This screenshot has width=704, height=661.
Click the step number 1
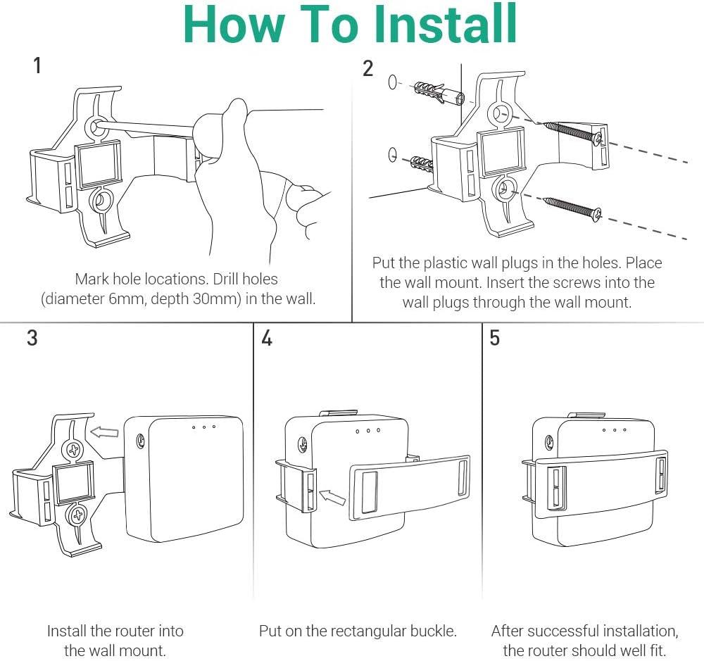[37, 65]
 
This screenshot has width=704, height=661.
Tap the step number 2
[367, 69]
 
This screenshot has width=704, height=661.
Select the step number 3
[32, 338]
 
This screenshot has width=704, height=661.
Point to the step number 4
[267, 338]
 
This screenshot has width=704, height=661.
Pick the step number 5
[494, 338]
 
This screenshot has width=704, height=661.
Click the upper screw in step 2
[573, 133]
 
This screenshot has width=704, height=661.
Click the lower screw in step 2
[572, 209]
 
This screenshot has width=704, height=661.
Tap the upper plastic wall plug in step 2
[439, 92]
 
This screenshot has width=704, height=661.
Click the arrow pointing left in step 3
[105, 432]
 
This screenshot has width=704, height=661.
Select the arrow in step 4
[332, 497]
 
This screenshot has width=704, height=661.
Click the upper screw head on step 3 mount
[73, 449]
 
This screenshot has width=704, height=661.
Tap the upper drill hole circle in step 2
[392, 82]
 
